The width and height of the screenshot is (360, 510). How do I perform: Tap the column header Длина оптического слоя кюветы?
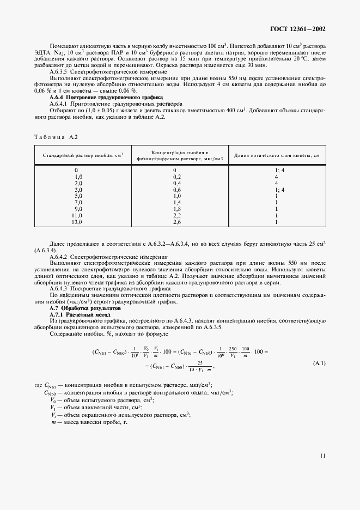(x=276, y=155)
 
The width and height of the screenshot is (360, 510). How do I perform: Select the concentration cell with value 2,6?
(x=176, y=222)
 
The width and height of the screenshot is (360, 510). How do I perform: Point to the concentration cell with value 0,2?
(x=176, y=177)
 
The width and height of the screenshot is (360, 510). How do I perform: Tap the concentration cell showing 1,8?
(x=176, y=209)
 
